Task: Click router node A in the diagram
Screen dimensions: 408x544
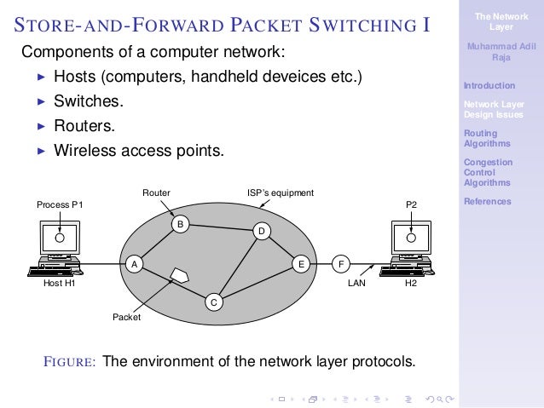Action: [x=133, y=264]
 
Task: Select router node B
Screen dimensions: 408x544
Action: [x=180, y=224]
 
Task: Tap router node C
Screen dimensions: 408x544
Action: [x=214, y=302]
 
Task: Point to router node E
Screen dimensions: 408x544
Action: [x=301, y=264]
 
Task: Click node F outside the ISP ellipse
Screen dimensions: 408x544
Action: [x=341, y=264]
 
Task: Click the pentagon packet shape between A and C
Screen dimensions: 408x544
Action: [x=180, y=276]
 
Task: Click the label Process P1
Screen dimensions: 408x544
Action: [x=60, y=205]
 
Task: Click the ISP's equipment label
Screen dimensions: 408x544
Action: [x=281, y=193]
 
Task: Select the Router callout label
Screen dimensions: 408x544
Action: [x=156, y=193]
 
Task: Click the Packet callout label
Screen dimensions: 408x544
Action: [x=126, y=318]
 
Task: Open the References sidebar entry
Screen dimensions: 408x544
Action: [x=487, y=202]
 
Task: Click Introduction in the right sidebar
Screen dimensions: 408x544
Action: [x=489, y=85]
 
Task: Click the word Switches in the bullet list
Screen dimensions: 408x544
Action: [x=88, y=101]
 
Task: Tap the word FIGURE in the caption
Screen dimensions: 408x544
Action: [x=70, y=361]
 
